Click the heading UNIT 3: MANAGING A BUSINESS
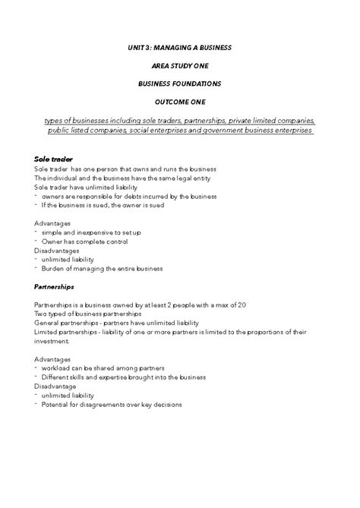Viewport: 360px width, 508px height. [x=180, y=48]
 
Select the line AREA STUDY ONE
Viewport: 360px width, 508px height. [x=180, y=67]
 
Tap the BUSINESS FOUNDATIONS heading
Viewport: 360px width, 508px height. [x=180, y=85]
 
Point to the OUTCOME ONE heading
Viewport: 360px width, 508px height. [x=180, y=103]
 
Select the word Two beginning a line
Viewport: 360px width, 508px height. [x=41, y=314]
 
